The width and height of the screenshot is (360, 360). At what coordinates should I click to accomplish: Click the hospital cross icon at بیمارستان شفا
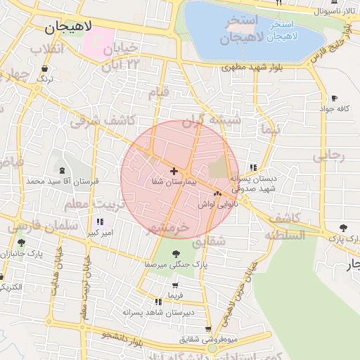[174, 171]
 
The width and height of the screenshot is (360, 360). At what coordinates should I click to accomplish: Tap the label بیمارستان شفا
[174, 181]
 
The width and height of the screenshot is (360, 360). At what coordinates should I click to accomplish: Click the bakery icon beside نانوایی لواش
[217, 194]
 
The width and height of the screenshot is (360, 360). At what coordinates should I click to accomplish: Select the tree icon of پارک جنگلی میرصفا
[176, 254]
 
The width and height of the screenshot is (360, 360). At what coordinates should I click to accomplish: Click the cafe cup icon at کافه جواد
[334, 98]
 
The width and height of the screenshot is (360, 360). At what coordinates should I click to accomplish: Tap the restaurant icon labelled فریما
[176, 286]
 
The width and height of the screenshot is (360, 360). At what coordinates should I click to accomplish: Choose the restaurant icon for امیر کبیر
[99, 222]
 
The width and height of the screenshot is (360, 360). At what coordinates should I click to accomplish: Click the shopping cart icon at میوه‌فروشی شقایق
[208, 328]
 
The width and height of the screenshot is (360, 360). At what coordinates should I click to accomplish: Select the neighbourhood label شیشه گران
[211, 120]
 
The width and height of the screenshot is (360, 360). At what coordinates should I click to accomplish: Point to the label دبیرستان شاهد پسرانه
[153, 311]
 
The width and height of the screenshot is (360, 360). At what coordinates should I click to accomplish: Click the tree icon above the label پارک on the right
[343, 228]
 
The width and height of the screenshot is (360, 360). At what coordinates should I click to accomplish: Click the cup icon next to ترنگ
[46, 69]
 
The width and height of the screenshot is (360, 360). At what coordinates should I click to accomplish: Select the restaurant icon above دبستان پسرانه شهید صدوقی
[253, 167]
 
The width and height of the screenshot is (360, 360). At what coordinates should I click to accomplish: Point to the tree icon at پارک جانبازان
[21, 243]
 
